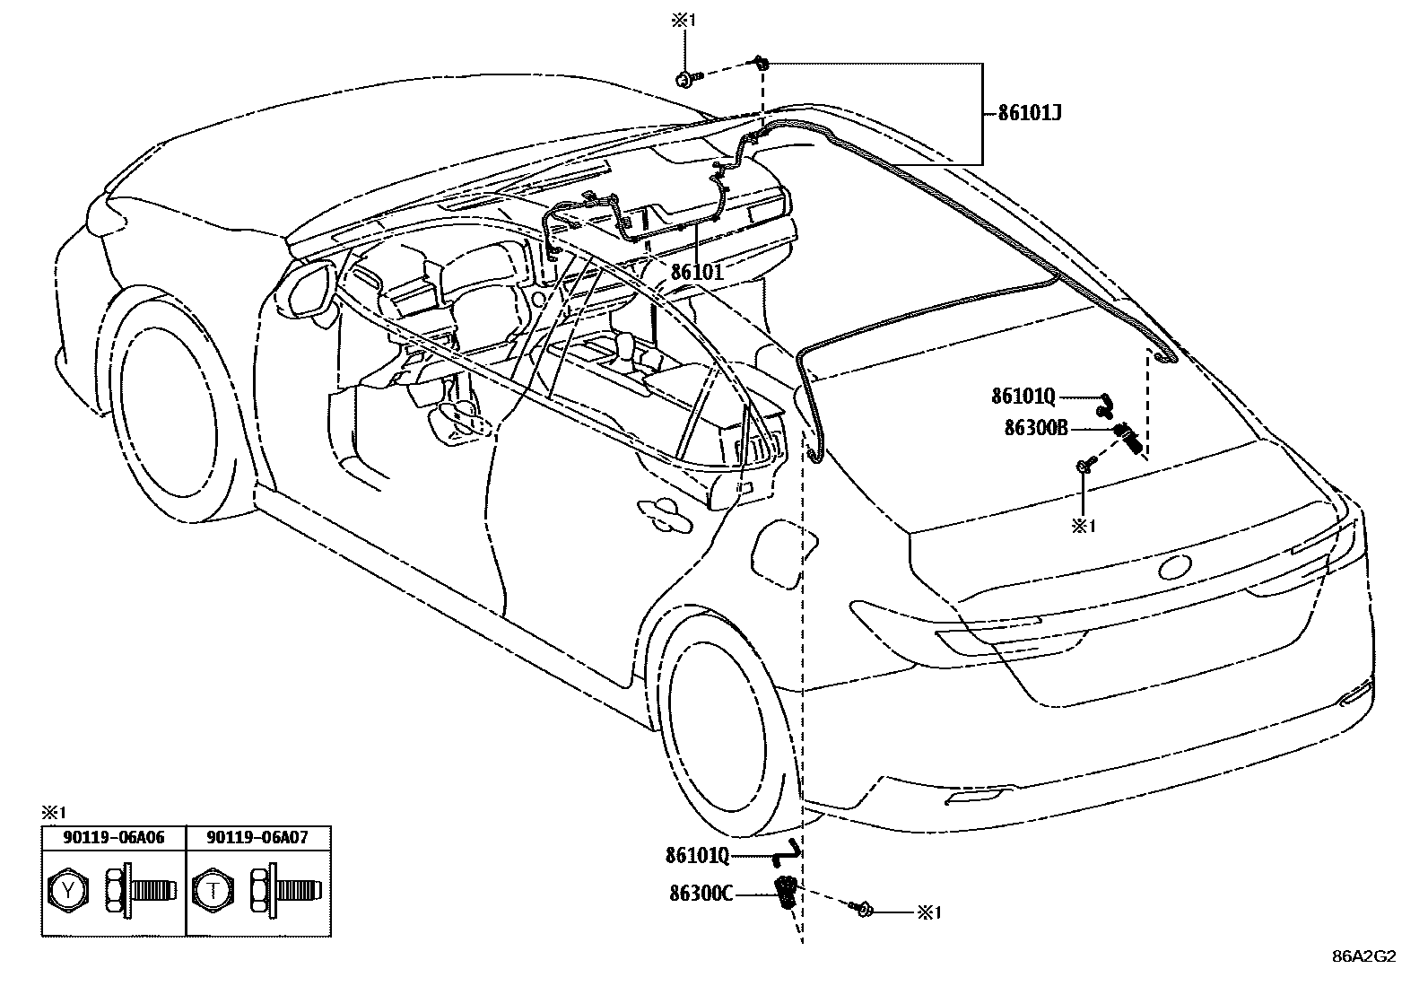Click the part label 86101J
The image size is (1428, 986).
[1032, 114]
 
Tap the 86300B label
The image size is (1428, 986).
[1036, 428]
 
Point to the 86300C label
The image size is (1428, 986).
[701, 893]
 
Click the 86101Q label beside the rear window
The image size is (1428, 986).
[1023, 396]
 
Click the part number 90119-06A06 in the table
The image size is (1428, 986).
[114, 837]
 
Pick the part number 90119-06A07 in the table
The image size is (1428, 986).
[257, 837]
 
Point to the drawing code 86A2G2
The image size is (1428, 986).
[1363, 956]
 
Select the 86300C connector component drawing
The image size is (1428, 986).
[788, 892]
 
